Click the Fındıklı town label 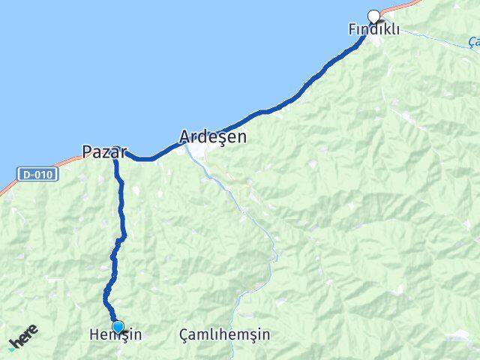[x=373, y=29]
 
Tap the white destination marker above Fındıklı [x=373, y=16]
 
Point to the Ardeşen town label [x=213, y=137]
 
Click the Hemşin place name [x=115, y=335]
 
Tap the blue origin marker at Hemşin [x=118, y=325]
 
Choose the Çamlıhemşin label [x=225, y=335]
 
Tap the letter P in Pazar [x=86, y=151]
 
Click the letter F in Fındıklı [x=352, y=29]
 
